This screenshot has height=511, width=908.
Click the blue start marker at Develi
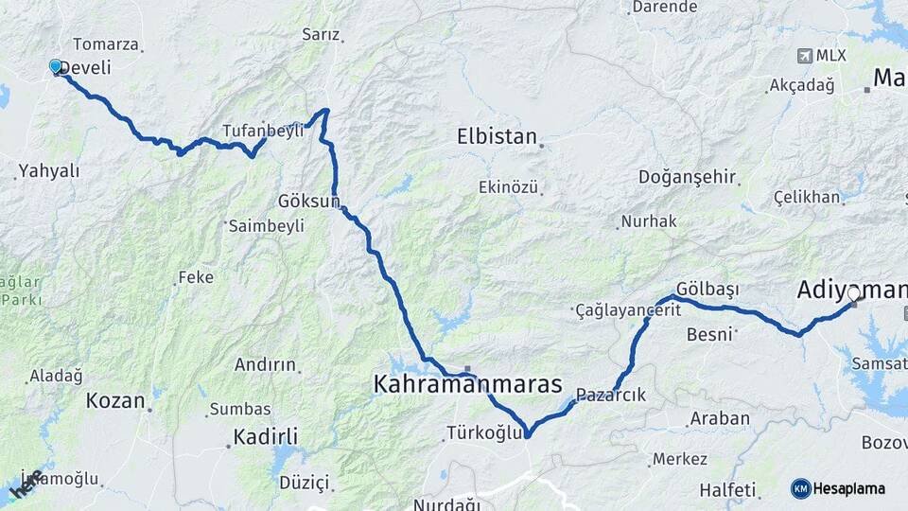click(x=56, y=66)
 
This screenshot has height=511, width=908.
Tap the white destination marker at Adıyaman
click(x=853, y=294)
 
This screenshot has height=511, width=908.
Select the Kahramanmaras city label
click(x=467, y=385)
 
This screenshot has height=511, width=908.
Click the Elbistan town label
click(x=497, y=135)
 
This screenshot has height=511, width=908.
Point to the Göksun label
click(x=309, y=202)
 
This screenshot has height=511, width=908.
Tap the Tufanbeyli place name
click(x=263, y=131)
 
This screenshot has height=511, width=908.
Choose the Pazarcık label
click(x=610, y=396)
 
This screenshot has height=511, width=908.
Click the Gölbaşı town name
click(x=707, y=289)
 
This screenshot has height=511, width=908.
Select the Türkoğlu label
click(x=483, y=433)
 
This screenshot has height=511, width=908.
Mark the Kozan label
click(x=115, y=400)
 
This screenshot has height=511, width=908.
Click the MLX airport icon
click(x=805, y=55)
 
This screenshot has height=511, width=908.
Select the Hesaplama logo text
click(x=848, y=488)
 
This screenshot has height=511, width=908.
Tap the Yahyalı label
click(x=49, y=171)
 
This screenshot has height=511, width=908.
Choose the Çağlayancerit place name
click(x=627, y=311)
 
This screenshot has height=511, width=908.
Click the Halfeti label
click(x=728, y=489)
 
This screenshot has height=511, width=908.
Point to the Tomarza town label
click(x=106, y=44)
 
